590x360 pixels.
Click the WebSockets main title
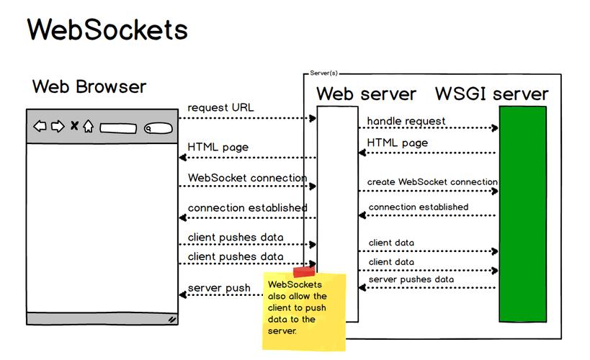pyautogui.click(x=107, y=30)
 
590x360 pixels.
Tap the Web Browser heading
pyautogui.click(x=89, y=87)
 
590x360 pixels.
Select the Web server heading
pyautogui.click(x=366, y=94)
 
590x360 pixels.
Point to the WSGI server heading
pyautogui.click(x=491, y=94)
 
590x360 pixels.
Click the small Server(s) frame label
pyautogui.click(x=323, y=73)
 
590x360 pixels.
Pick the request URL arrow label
pyautogui.click(x=220, y=108)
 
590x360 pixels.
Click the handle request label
pyautogui.click(x=406, y=121)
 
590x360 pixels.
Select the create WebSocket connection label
pyautogui.click(x=432, y=182)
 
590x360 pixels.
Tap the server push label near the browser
pyautogui.click(x=219, y=289)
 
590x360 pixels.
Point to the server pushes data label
pyautogui.click(x=411, y=279)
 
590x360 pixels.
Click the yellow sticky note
pyautogui.click(x=303, y=311)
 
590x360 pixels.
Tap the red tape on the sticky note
pyautogui.click(x=304, y=271)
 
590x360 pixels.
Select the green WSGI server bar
pyautogui.click(x=522, y=214)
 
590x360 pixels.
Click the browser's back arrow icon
pyautogui.click(x=40, y=127)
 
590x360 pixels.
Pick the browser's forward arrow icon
pyautogui.click(x=57, y=127)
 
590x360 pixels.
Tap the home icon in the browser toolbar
pyautogui.click(x=88, y=127)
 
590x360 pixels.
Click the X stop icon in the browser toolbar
pyautogui.click(x=73, y=127)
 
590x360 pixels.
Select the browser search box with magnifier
pyautogui.click(x=156, y=129)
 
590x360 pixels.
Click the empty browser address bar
pyautogui.click(x=118, y=129)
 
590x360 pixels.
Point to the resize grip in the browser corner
pyautogui.click(x=172, y=318)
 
